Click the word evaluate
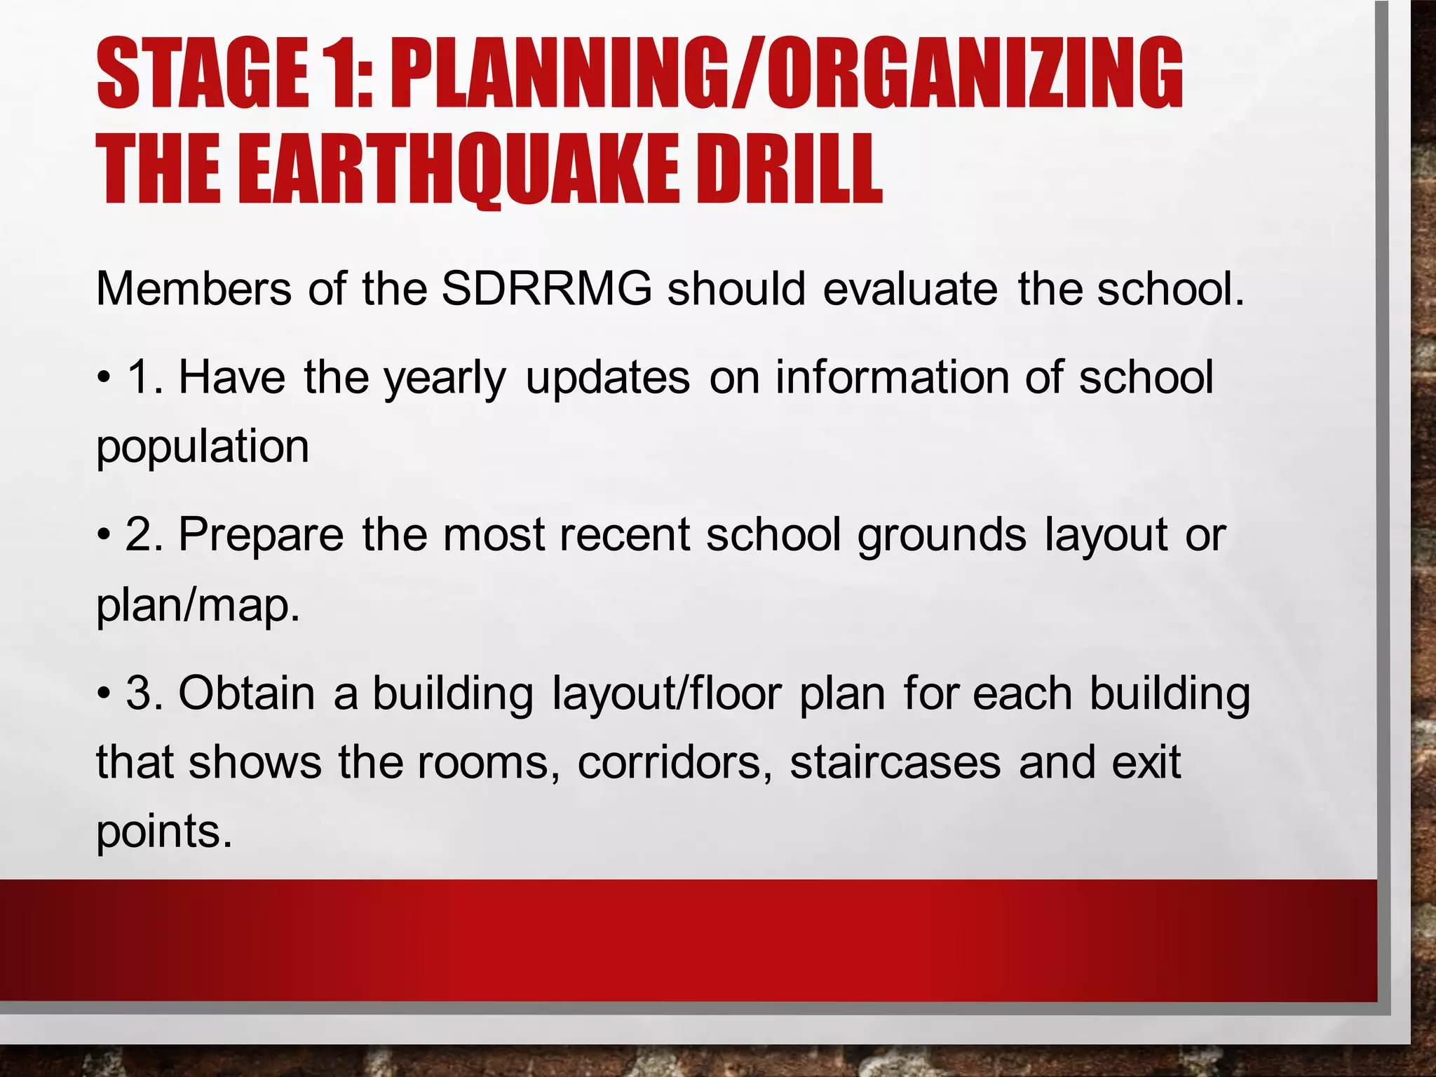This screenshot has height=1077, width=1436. click(910, 289)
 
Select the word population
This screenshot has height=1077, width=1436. click(203, 447)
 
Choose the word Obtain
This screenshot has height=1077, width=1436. click(246, 693)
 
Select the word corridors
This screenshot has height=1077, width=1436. click(674, 762)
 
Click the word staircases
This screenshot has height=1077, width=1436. click(895, 762)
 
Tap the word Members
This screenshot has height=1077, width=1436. click(194, 289)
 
